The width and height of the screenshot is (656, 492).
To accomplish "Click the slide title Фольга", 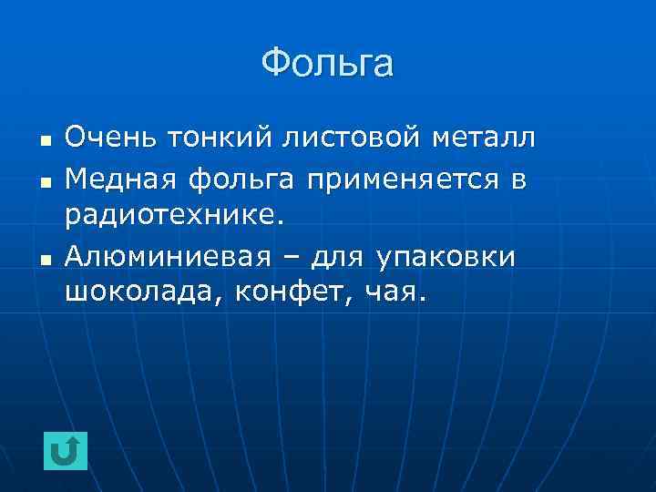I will pyautogui.click(x=327, y=64).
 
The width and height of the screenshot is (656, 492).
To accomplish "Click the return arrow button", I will pyautogui.click(x=66, y=451).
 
